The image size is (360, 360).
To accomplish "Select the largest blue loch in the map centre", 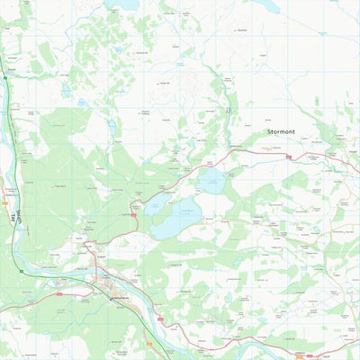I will [x=175, y=219].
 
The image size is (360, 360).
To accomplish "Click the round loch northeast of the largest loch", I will [x=213, y=181].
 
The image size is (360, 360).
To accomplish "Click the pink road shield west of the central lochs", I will [x=133, y=215].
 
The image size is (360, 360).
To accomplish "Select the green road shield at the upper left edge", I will [x=5, y=78].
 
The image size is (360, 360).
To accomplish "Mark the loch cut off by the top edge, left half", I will [x=121, y=4].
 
